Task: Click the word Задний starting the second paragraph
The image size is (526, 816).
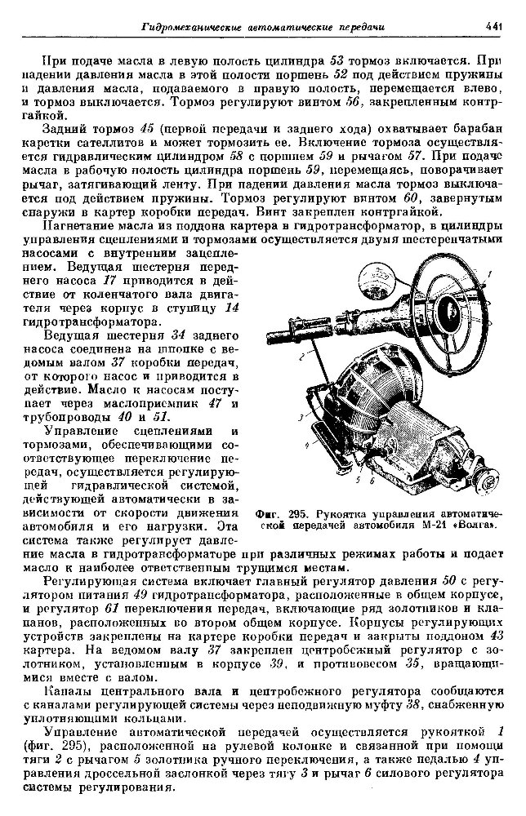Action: [x=68, y=131]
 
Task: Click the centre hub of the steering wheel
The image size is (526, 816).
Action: [x=452, y=308]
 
